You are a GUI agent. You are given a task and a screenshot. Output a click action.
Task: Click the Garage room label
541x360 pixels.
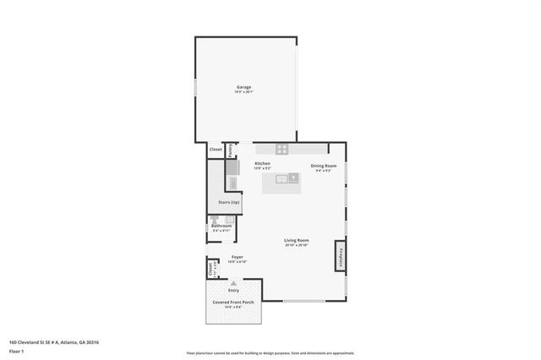pos(243,87)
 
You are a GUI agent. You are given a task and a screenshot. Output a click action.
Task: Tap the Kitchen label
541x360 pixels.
pos(262,163)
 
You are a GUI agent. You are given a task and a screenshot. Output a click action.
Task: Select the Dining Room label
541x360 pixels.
pos(324,166)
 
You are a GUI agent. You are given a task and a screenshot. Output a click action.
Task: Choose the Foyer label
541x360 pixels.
pos(238,256)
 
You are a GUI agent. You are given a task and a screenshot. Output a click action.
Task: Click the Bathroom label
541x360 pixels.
pos(221,226)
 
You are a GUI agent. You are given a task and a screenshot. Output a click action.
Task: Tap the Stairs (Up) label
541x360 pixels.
pos(229,203)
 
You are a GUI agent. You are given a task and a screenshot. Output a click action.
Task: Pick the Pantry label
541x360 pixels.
pos(228,150)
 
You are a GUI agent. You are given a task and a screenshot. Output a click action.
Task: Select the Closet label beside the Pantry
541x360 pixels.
pos(216,150)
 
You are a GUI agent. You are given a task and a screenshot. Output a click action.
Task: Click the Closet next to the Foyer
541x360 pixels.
pos(210,269)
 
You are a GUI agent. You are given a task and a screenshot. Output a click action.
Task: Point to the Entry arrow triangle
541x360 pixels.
pos(234,284)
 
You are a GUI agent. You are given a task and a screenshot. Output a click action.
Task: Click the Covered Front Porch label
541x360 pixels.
pos(233,302)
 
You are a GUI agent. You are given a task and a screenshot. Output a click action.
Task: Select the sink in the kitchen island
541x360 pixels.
pos(292,177)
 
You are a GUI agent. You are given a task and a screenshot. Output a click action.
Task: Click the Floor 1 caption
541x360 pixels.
pos(16,349)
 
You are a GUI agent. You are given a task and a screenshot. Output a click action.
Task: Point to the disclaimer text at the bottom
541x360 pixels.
pos(270,353)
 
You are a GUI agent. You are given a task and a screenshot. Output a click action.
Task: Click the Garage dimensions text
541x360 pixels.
pos(243,92)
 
